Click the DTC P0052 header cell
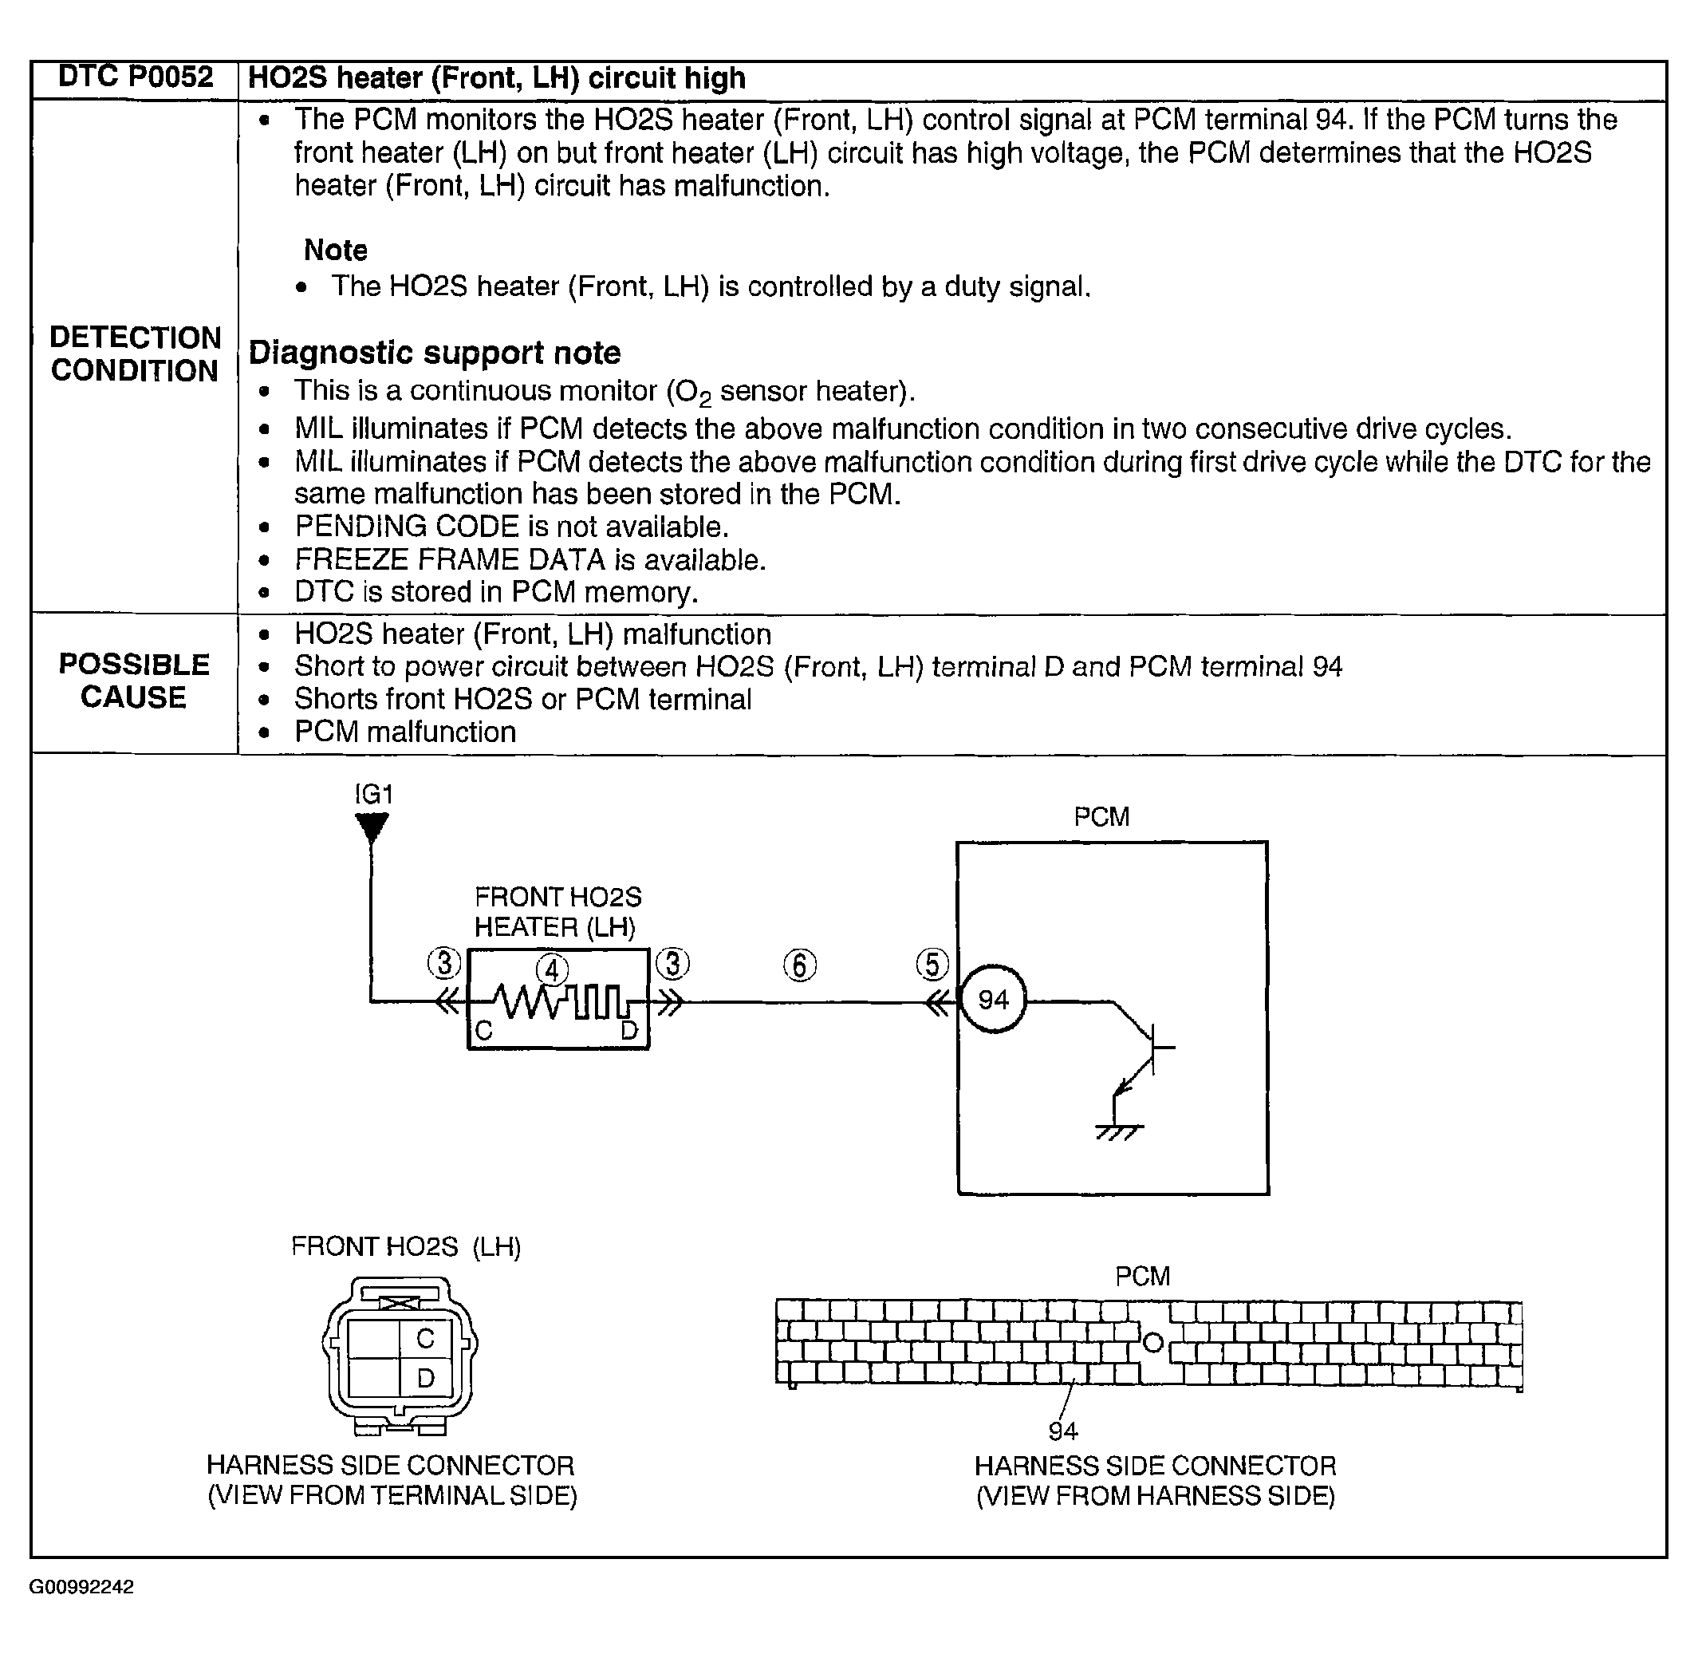135,77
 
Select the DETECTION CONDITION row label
135,353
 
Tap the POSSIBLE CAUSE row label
134,681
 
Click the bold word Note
335,251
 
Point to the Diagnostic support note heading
435,353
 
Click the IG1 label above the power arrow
374,794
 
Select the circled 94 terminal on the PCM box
993,999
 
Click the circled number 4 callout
552,969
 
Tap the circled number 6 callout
800,965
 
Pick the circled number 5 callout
932,965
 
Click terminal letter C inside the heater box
484,1031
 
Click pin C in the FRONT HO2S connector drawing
426,1339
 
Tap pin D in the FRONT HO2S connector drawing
426,1379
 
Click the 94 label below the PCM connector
1063,1431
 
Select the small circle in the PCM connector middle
1152,1343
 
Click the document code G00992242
81,1587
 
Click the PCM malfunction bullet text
404,732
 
